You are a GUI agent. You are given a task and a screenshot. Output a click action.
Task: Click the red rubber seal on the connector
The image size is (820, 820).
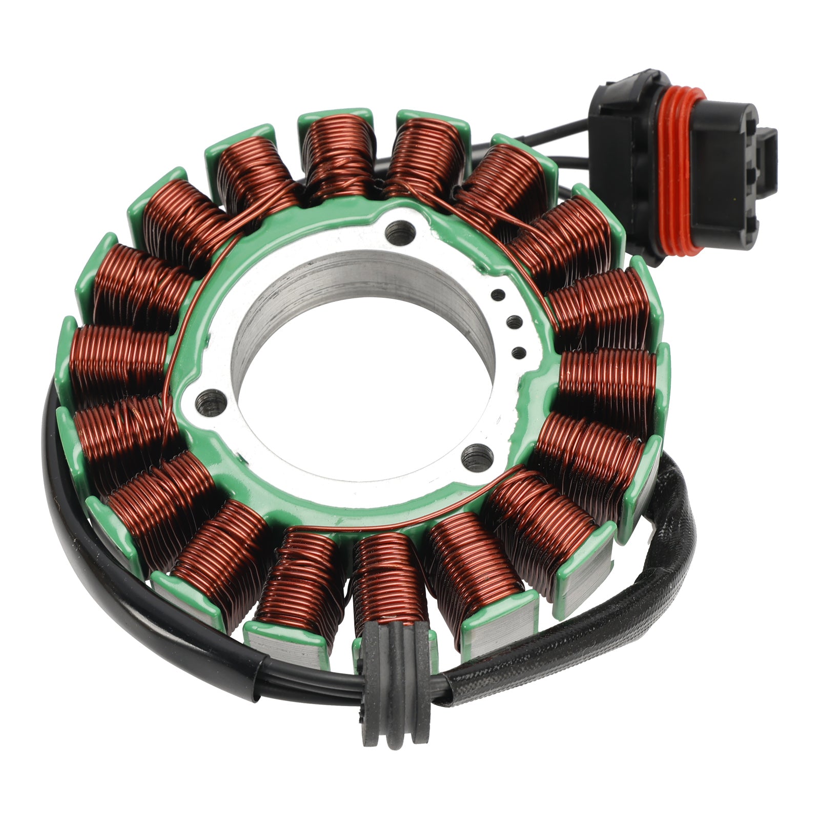[x=675, y=169]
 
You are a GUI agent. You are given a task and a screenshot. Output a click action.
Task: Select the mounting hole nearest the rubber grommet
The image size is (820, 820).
[x=478, y=453]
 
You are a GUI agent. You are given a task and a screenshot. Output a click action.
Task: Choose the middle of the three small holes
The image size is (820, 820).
[x=514, y=322]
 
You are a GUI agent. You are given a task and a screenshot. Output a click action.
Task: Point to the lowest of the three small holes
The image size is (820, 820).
[x=519, y=352]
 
